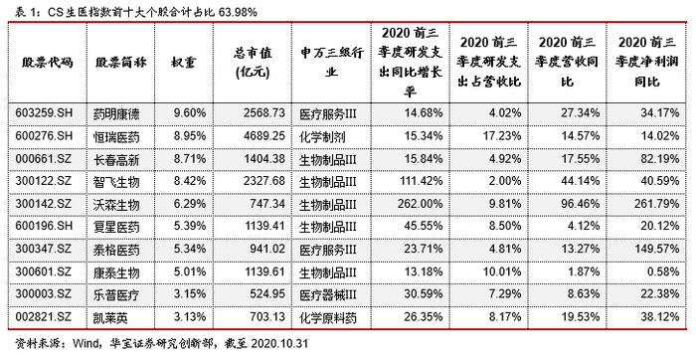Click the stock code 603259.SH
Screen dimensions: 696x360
44,112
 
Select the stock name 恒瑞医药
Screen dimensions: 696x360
116,136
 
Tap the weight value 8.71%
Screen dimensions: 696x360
190,158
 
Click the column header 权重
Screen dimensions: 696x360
184,62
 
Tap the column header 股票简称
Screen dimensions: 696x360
120,62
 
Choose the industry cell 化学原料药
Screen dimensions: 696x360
328,317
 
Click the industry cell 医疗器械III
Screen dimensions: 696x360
328,294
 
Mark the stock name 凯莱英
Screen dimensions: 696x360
111,317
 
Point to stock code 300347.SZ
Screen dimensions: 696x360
44,249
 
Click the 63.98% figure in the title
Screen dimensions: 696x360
237,12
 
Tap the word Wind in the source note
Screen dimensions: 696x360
84,343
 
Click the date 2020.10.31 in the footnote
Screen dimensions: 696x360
279,343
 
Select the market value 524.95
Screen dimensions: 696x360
267,293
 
